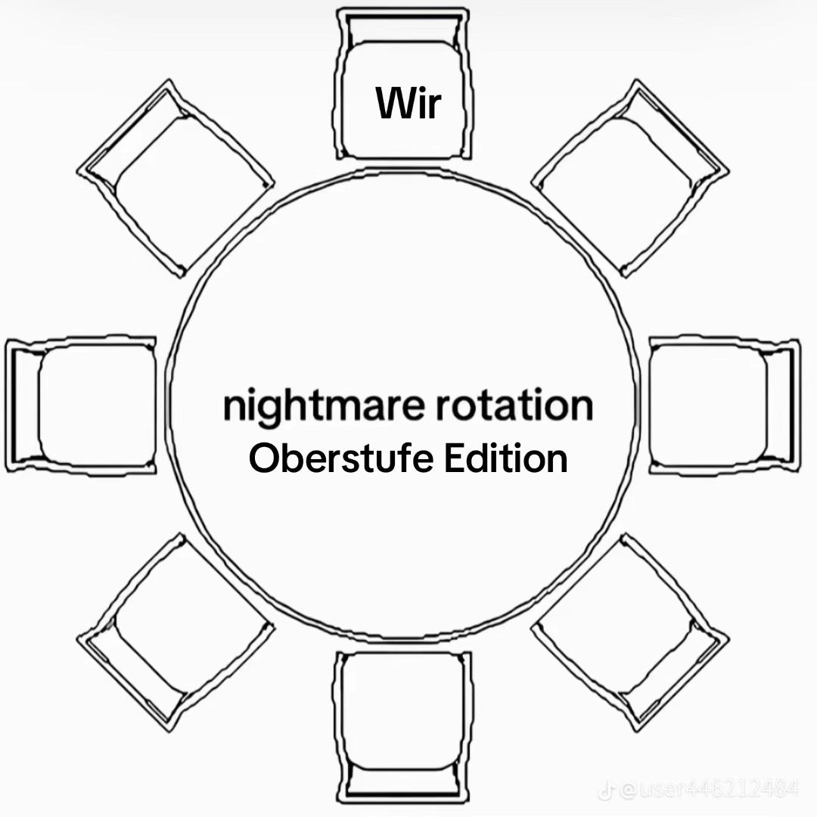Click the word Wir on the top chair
[x=408, y=103]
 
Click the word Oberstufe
[x=340, y=458]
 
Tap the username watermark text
[x=708, y=790]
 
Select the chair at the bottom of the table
[x=402, y=728]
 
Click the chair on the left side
[x=81, y=405]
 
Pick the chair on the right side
[x=725, y=405]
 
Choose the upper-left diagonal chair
[x=176, y=179]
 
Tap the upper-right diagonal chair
[x=630, y=179]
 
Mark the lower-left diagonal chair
[x=176, y=632]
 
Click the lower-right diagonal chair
[x=630, y=632]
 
